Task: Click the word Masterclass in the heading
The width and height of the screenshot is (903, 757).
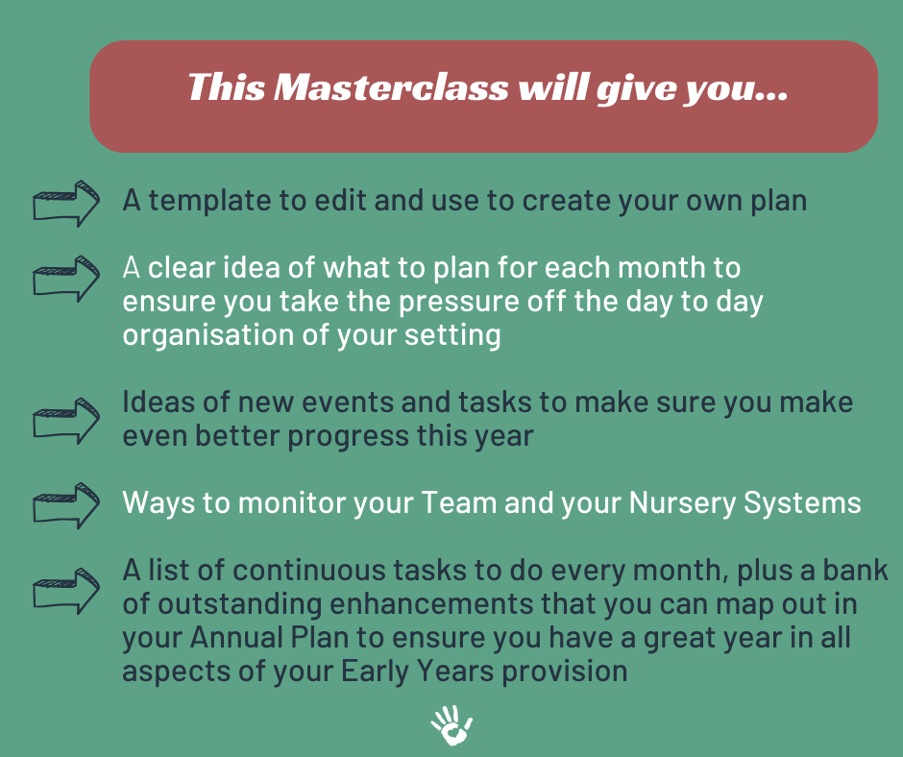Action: click(391, 88)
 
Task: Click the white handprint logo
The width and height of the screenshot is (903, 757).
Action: click(451, 724)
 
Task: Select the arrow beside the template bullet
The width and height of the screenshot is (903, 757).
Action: click(65, 204)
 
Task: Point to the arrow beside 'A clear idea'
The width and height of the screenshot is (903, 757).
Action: click(65, 279)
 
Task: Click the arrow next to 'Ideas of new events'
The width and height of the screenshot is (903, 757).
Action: click(65, 421)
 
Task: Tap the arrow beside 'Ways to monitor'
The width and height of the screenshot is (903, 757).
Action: click(65, 505)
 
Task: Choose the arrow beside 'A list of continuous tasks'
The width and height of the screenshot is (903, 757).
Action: click(65, 591)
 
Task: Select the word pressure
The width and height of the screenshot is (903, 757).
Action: click(458, 303)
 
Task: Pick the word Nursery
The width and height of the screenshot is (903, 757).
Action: click(682, 503)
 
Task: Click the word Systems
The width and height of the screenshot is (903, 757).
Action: click(802, 503)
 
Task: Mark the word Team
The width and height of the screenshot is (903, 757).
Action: click(459, 502)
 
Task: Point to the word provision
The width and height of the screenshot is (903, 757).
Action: click(565, 672)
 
